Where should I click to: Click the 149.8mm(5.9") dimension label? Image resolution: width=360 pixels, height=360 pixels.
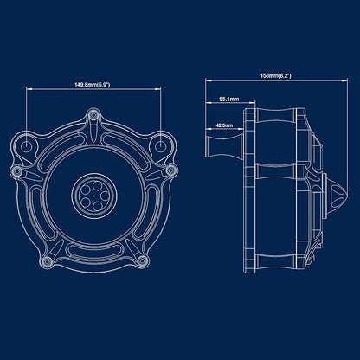93,85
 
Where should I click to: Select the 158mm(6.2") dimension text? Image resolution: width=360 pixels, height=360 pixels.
276,76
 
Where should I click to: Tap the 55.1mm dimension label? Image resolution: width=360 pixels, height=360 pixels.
229,100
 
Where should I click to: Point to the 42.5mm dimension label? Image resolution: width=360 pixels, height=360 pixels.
224,125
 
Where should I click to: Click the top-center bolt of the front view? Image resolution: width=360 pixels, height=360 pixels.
93,115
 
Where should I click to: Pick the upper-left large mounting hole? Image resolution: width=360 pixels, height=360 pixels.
26,146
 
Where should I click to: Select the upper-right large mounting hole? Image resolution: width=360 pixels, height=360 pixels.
160,146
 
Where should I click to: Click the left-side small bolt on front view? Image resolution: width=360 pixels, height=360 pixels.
17,171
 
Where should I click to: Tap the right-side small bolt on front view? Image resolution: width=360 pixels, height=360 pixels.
170,170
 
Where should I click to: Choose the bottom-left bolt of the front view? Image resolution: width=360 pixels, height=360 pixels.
47,262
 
